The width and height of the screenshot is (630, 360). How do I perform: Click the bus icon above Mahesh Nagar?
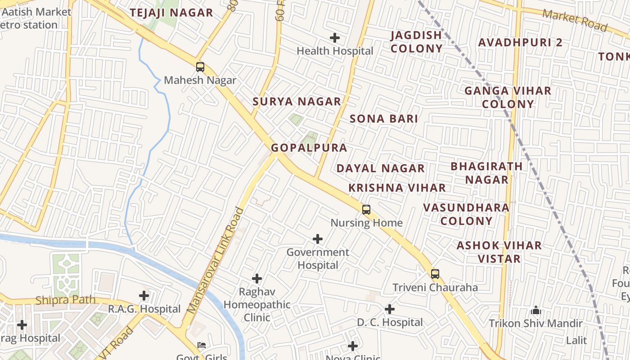pos(200,67)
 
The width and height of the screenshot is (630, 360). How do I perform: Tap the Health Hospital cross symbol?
pos(335,38)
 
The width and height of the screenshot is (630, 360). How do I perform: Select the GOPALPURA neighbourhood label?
pos(309,148)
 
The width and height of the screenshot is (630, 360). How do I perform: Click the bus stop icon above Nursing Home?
pos(366,209)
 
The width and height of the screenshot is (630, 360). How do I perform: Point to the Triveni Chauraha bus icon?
pos(435,274)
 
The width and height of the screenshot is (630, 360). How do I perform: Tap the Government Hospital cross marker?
pos(318,238)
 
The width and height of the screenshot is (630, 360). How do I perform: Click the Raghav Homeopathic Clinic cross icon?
pos(257,279)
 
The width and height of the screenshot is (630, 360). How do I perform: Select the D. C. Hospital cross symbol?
pos(390,309)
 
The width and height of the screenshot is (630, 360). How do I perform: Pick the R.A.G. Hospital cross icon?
pos(144,296)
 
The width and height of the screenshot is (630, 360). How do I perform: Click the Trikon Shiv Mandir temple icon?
pos(535,310)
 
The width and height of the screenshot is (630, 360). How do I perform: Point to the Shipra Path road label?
pos(65,300)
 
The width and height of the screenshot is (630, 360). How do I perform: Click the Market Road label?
pos(575,20)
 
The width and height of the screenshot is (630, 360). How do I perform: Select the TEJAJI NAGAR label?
pos(171,13)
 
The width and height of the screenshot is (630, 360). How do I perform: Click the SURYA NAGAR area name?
pos(297,102)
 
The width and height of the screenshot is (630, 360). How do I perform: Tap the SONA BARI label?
pos(384,119)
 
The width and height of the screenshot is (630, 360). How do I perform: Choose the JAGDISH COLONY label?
pos(416,42)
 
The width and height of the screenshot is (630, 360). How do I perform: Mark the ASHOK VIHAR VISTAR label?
pos(499,252)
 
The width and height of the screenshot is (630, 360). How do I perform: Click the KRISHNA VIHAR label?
pos(397,188)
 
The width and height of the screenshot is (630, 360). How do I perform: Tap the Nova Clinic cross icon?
pos(353,346)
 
